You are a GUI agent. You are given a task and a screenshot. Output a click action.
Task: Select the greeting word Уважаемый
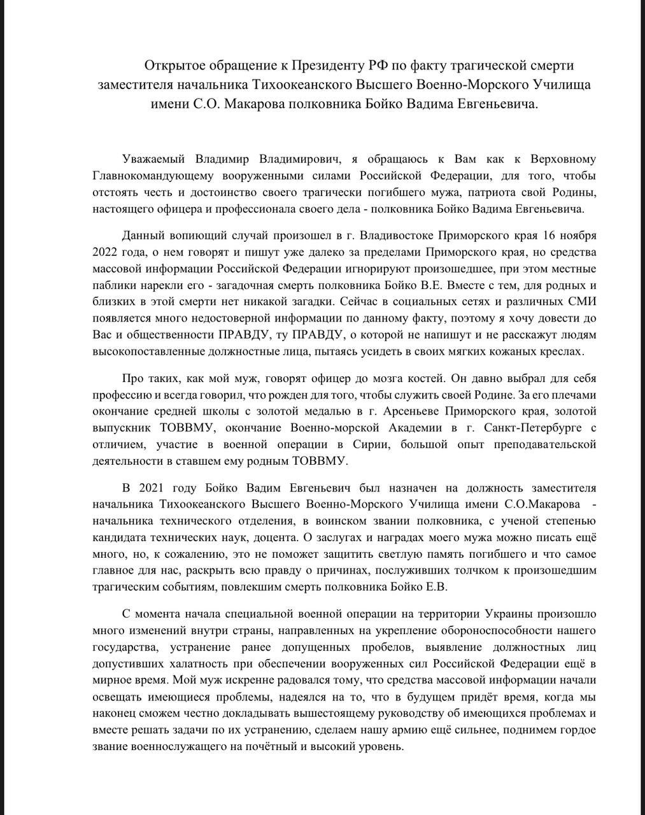coord(153,158)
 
